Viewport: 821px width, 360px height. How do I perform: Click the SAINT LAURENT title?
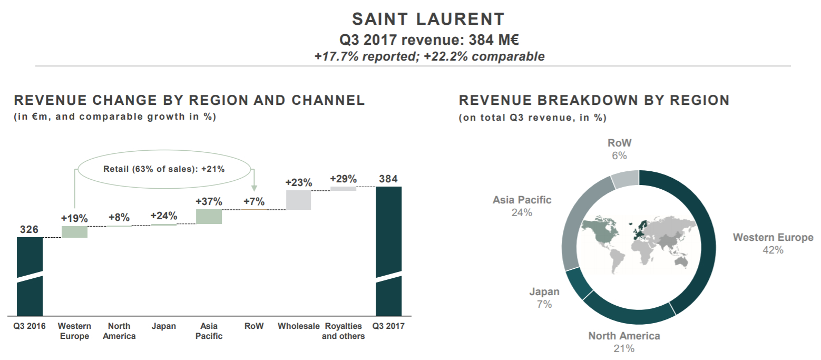click(428, 20)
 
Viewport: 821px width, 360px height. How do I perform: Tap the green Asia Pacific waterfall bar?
click(209, 217)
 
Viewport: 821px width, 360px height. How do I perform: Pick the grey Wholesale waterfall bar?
click(299, 200)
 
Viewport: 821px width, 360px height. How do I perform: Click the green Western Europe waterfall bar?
click(74, 232)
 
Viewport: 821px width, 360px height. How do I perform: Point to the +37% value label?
click(209, 202)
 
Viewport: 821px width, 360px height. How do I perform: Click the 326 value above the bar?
click(29, 229)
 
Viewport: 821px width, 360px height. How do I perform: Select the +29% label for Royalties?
click(343, 179)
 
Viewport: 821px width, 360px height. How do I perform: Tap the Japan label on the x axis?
click(163, 326)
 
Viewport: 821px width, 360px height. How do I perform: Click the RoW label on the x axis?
click(253, 326)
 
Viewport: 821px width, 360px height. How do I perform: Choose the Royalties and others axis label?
click(343, 331)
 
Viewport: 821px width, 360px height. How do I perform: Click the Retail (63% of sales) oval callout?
click(163, 169)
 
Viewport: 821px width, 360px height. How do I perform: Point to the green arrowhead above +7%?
click(254, 188)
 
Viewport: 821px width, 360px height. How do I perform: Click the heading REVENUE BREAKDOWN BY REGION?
click(594, 100)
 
